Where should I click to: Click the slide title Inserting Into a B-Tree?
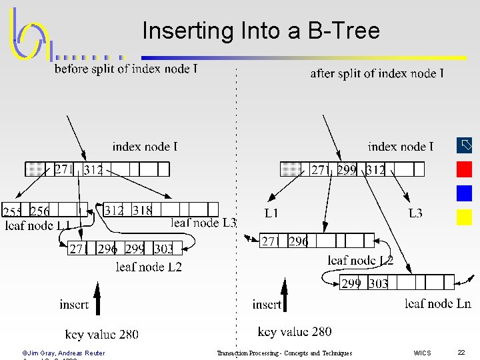click(261, 31)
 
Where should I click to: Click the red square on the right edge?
click(464, 169)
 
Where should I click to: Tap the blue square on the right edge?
click(464, 193)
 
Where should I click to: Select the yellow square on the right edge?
click(464, 217)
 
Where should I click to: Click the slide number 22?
click(461, 352)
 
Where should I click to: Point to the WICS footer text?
click(422, 353)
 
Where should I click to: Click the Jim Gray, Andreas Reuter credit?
click(64, 353)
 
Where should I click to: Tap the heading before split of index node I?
click(126, 69)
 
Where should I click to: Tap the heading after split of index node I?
click(377, 73)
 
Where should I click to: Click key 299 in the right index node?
click(347, 170)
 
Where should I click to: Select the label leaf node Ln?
click(437, 304)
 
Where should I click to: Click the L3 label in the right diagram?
click(415, 213)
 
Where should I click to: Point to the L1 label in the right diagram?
click(271, 213)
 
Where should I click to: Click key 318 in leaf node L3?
click(142, 211)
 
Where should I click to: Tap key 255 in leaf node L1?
click(13, 212)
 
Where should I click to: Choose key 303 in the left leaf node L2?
click(163, 249)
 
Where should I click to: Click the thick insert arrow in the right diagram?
click(285, 297)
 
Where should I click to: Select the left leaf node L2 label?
click(149, 267)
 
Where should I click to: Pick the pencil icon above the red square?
click(464, 145)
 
